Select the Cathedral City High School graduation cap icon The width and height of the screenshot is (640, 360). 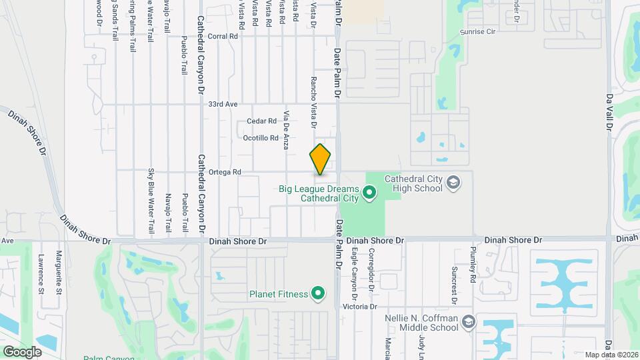point(453,182)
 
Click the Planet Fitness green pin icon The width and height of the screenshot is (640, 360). point(319,293)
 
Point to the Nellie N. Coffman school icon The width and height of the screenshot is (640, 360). point(468,322)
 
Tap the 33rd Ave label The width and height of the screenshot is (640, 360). point(223,105)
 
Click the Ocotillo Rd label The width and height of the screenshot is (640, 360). point(259,138)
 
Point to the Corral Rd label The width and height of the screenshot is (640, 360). point(223,37)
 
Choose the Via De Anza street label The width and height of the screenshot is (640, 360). point(286,129)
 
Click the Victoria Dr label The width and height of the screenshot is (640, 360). point(360,307)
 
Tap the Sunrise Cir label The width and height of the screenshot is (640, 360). point(479,31)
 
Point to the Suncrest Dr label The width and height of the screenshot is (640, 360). point(453,285)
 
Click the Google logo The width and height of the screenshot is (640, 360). point(22,352)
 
